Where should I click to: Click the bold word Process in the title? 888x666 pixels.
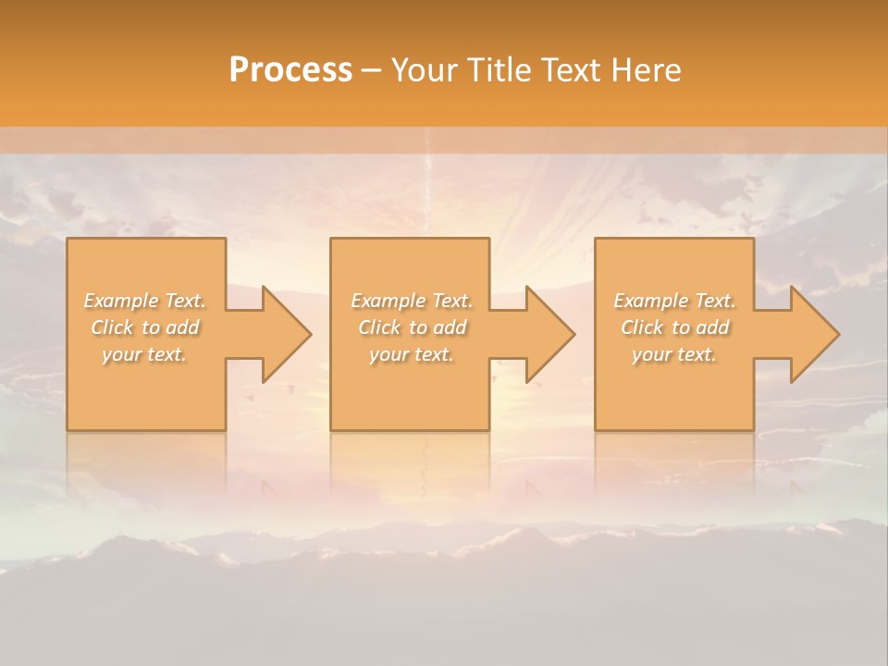290,70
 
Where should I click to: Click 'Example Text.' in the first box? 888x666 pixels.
145,301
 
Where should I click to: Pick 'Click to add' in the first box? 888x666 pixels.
145,327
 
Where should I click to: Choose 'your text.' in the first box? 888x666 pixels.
145,354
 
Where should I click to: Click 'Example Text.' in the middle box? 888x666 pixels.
412,301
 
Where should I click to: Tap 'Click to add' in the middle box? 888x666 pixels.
412,327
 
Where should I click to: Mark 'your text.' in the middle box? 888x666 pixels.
412,354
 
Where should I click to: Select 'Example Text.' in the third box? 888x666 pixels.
674,301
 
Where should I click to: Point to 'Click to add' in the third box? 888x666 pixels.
674,327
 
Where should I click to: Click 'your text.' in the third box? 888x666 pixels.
674,354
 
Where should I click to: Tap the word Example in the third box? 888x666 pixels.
650,301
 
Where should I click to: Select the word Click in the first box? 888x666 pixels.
112,327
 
